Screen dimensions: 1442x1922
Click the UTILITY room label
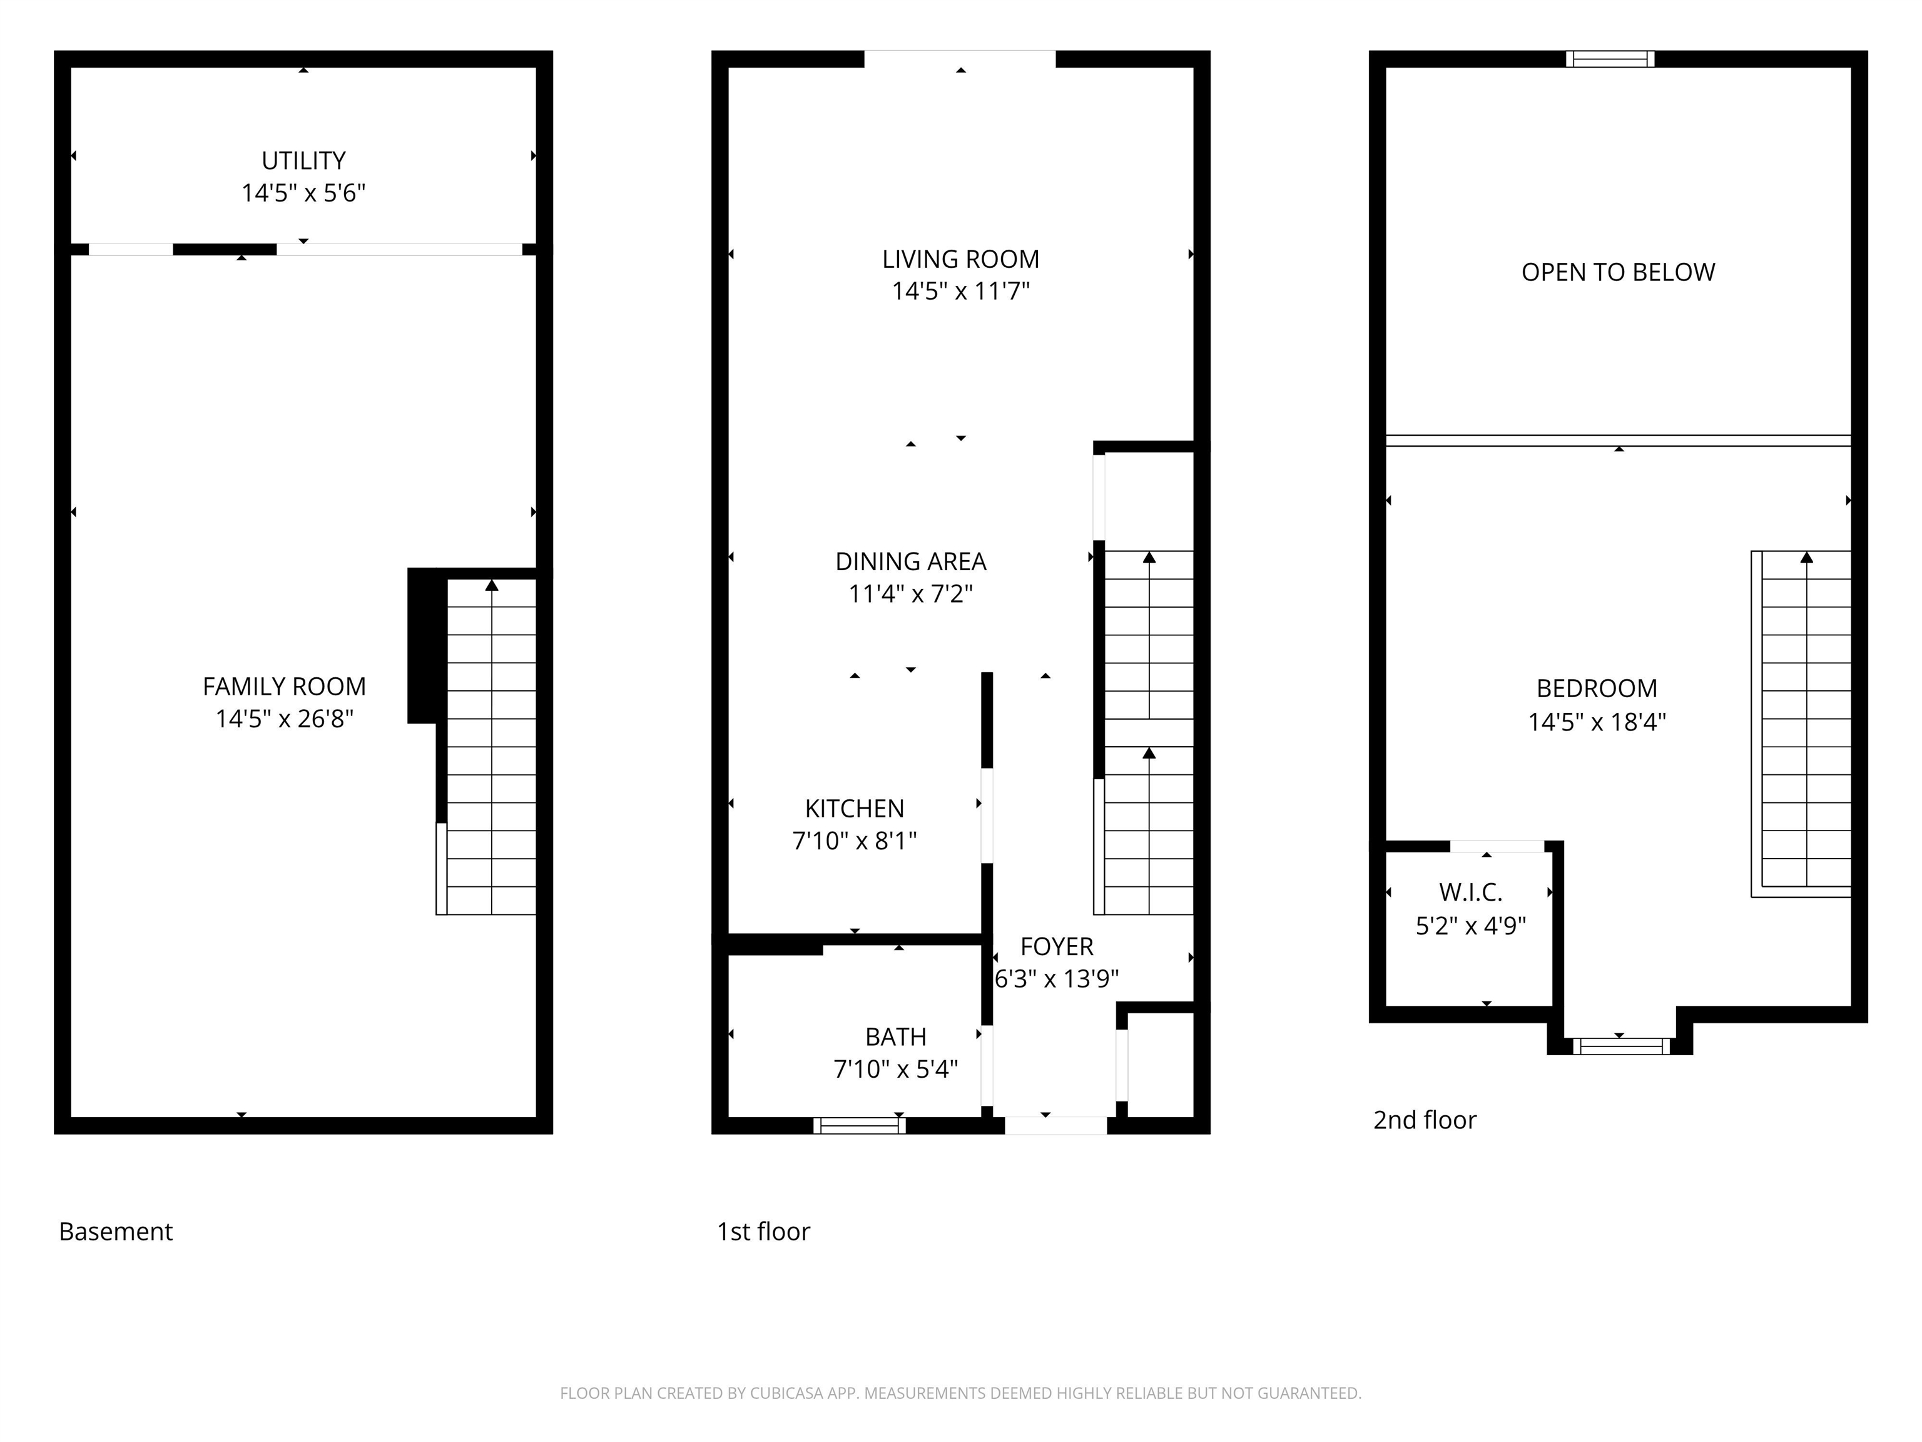(x=303, y=161)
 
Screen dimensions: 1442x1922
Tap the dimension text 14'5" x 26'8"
(x=284, y=719)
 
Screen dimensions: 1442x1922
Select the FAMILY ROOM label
(x=284, y=687)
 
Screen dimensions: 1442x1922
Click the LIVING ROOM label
(x=960, y=259)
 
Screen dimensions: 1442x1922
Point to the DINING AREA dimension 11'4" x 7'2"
(x=910, y=594)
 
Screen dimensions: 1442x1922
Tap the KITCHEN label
(x=854, y=809)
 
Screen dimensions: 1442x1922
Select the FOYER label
(x=1057, y=946)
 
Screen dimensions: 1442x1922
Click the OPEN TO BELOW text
(x=1617, y=272)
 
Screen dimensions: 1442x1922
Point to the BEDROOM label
(x=1596, y=688)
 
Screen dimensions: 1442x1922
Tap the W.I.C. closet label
(x=1470, y=892)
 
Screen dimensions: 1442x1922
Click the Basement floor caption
(x=116, y=1232)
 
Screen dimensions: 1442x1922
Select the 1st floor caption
(x=763, y=1232)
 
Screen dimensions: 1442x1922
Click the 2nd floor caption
(x=1424, y=1120)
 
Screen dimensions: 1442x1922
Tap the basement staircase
(x=490, y=747)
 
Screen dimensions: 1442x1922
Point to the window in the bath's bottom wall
(x=860, y=1125)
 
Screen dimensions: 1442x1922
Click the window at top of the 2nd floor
(x=1609, y=59)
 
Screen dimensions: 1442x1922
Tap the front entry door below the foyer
(x=1055, y=1125)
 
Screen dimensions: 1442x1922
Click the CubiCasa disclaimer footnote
(x=960, y=1393)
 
